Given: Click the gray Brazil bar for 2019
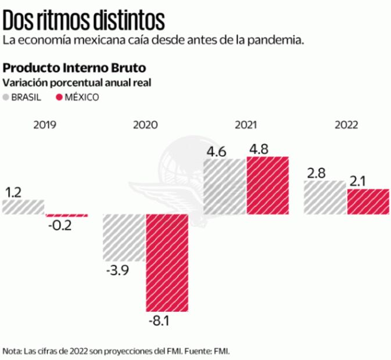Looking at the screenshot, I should coord(23,207).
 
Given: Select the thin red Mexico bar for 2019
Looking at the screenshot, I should coord(67,215).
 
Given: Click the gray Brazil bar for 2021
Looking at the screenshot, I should coord(225,186).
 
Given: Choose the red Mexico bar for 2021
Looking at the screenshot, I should coord(267,185).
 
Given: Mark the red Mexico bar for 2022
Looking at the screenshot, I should coord(368,201).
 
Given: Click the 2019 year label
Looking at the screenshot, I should coord(45,125).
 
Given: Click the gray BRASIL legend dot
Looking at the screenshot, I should coord(7,97).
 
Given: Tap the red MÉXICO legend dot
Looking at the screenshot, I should coord(59,97).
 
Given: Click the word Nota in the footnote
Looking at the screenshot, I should coord(11,351).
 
